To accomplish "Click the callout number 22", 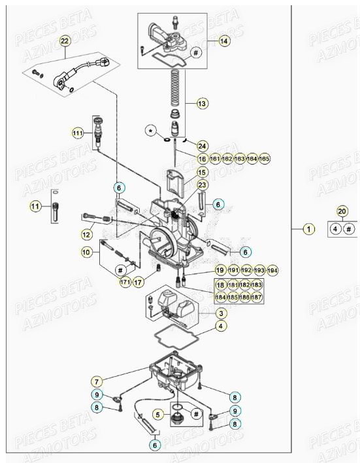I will (64, 41).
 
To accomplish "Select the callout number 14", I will (224, 40).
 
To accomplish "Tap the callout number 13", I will (202, 103).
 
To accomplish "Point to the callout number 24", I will (202, 146).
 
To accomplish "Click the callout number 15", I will (202, 172).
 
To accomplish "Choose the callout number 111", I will (78, 133).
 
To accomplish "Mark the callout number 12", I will (86, 234).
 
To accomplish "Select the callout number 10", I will (86, 251).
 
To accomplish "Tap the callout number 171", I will (125, 282).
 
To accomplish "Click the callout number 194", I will (272, 270).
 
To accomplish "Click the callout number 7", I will (97, 381).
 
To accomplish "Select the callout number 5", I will (157, 413).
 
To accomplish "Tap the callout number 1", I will (309, 229).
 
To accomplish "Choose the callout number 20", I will (342, 210).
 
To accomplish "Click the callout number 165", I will (264, 159).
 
